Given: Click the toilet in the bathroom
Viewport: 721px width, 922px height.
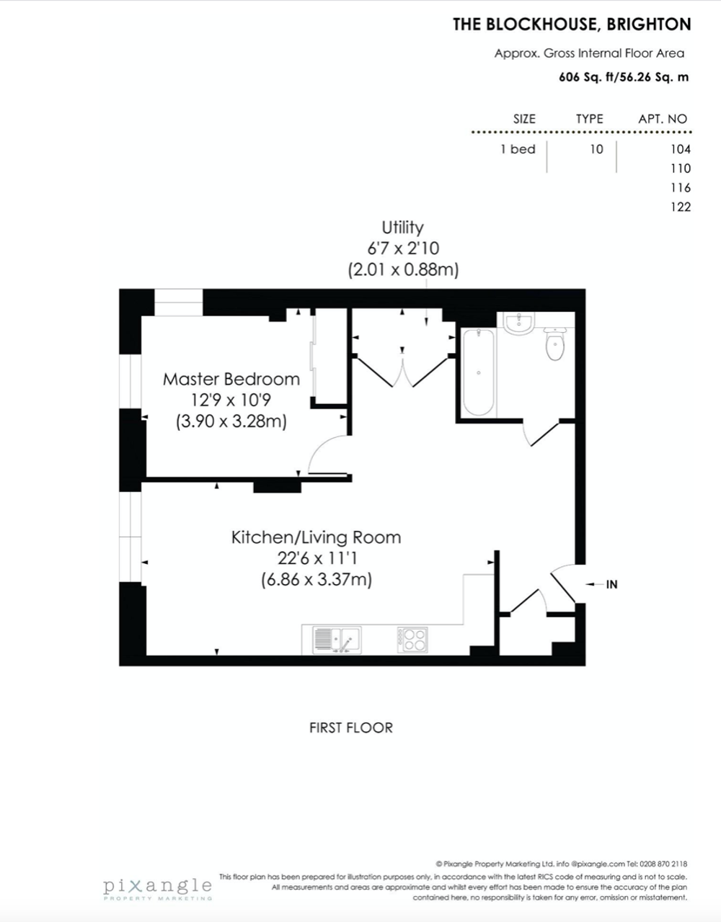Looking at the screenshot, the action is [x=554, y=344].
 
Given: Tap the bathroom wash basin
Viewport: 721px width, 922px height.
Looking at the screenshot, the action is [x=518, y=323].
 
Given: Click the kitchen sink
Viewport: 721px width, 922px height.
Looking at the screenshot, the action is [x=337, y=640].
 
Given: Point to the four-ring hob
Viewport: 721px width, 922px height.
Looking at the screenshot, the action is [x=412, y=640].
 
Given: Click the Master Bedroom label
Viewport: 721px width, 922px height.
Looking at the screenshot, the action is [x=231, y=379].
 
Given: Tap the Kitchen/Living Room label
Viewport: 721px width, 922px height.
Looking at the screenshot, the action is [x=317, y=537].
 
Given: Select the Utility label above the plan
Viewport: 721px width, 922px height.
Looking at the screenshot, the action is [x=402, y=228].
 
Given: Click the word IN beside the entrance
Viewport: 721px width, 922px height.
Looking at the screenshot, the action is [x=611, y=584].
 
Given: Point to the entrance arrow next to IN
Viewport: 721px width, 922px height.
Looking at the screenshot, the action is [x=594, y=584].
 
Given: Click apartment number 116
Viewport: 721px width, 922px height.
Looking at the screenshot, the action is [x=681, y=187].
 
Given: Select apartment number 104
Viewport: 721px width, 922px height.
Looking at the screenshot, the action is [x=681, y=149].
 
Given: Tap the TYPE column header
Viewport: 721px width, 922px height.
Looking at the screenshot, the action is [x=589, y=119].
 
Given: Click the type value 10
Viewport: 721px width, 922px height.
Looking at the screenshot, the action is [x=596, y=149].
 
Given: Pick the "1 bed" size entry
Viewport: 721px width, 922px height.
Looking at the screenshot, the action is [x=518, y=149].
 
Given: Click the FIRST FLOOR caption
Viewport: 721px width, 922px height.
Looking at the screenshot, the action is [x=351, y=728].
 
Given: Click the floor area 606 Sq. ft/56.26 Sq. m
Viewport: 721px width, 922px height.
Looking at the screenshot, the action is [x=624, y=78].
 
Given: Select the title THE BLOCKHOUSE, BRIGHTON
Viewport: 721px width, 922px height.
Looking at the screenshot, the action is [x=572, y=24].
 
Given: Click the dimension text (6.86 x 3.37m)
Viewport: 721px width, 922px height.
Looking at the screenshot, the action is [x=317, y=580].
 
